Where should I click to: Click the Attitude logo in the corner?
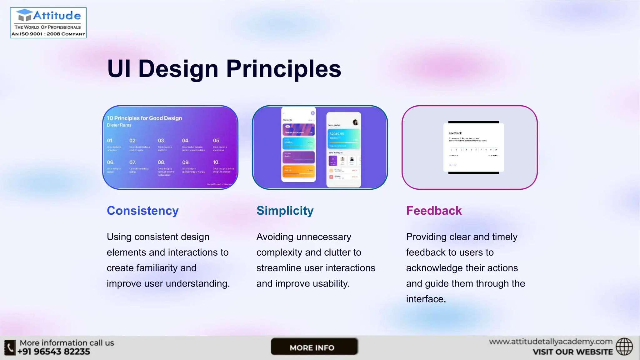coord(48,23)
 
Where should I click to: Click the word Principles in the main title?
coord(283,69)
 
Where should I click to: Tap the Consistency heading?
coord(142,211)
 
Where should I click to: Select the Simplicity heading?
coord(285,211)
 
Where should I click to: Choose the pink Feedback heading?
coord(434,211)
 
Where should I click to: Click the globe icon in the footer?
coord(624,347)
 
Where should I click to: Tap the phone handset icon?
coord(10,347)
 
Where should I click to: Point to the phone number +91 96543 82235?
coord(53,352)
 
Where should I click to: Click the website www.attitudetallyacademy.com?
coord(551,342)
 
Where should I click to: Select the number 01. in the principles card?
coord(110,141)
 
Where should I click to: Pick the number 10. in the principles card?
coord(216,162)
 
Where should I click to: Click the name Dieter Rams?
coord(119,125)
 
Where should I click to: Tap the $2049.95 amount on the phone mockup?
coord(337,134)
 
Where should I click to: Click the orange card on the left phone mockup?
coord(298,171)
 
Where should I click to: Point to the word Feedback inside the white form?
coord(455,133)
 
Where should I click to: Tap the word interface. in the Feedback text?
coord(426,299)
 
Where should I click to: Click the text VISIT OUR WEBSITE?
coord(572,352)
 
